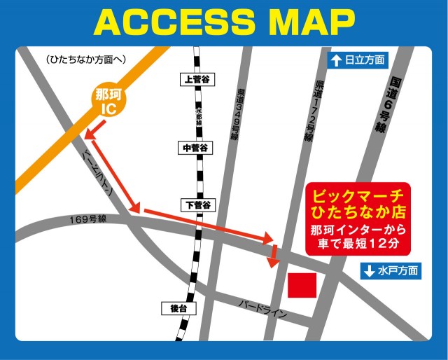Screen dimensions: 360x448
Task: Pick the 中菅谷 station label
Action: coord(195,148)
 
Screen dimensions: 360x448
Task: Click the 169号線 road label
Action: coord(87,219)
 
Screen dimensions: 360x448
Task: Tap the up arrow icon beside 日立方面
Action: coord(337,61)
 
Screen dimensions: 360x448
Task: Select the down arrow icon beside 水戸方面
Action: coord(369,270)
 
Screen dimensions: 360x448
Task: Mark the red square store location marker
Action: coord(302,286)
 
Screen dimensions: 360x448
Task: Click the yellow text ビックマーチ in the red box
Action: coord(357,195)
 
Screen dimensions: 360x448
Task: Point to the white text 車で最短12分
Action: coord(357,244)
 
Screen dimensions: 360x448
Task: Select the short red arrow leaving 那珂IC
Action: coord(95,129)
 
